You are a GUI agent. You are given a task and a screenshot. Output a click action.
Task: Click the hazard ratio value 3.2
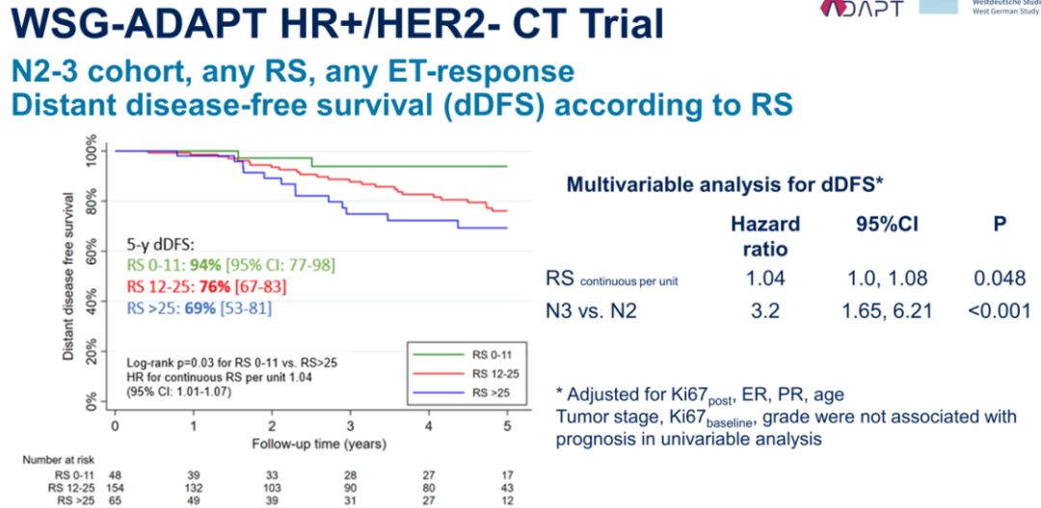[x=765, y=311]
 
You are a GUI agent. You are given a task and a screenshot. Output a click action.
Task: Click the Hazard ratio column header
[x=765, y=236]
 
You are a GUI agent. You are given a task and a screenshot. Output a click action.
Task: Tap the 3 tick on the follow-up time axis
[x=351, y=425]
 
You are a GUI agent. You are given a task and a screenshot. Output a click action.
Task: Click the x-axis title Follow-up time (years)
[x=319, y=444]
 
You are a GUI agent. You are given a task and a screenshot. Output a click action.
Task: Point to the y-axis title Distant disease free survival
[x=68, y=275]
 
